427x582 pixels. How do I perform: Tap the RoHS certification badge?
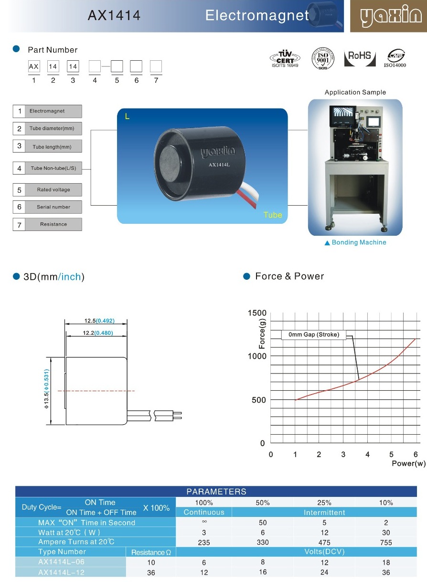359,56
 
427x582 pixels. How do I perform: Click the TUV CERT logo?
285,58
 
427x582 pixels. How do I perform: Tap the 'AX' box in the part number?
34,67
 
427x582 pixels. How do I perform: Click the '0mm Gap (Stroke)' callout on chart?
314,335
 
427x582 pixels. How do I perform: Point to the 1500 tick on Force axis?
257,313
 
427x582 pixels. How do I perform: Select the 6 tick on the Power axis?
416,454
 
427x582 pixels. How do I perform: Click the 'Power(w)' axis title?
408,463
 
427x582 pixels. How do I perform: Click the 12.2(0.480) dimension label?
98,333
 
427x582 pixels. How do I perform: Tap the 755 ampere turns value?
386,542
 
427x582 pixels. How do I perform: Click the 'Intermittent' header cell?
324,512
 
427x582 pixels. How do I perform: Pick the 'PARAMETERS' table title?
216,492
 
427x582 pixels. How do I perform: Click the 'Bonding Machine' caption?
359,242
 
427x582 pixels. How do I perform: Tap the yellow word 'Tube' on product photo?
273,215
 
